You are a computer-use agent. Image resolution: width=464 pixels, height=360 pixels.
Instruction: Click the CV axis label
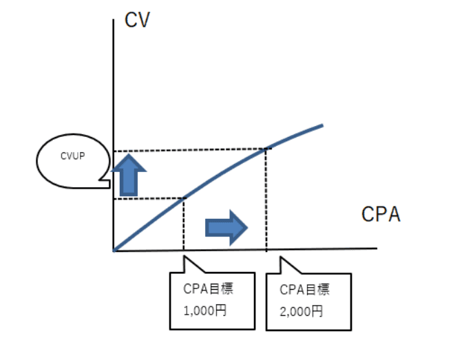[x=137, y=20]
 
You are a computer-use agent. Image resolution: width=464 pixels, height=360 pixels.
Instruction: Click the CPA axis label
[x=381, y=214]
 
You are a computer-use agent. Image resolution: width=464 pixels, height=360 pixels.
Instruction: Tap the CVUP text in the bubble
[x=73, y=156]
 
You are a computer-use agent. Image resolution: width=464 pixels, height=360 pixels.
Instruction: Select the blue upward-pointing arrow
[x=129, y=175]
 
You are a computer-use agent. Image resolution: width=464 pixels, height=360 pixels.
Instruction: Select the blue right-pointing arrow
[x=226, y=227]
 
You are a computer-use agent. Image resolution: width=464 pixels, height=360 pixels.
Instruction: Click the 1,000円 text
[x=205, y=310]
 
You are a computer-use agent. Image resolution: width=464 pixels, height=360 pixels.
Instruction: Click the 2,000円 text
[x=302, y=312]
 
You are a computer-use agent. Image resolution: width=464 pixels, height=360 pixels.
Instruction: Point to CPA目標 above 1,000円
[x=209, y=288]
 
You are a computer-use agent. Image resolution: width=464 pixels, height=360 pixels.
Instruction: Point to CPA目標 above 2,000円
[x=304, y=290]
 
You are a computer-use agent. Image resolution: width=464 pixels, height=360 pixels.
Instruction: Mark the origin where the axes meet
[x=114, y=251]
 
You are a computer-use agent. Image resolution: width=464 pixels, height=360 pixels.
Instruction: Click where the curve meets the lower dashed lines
[x=184, y=198]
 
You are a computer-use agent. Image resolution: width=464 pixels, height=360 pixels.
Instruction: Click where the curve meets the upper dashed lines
[x=266, y=149]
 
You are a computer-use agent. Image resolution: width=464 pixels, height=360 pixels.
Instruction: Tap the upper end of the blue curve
[x=323, y=126]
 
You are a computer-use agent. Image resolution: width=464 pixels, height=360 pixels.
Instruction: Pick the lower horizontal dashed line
[x=149, y=199]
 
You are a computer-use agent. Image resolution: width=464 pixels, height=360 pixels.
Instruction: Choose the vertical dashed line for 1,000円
[x=184, y=224]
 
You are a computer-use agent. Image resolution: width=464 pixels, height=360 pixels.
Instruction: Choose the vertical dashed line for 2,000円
[x=266, y=200]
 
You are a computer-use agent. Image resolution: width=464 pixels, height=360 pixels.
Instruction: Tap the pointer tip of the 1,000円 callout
[x=184, y=257]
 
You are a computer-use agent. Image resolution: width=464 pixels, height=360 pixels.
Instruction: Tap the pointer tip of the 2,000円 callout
[x=280, y=257]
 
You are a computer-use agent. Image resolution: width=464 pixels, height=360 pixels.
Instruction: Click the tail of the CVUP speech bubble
[x=105, y=180]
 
